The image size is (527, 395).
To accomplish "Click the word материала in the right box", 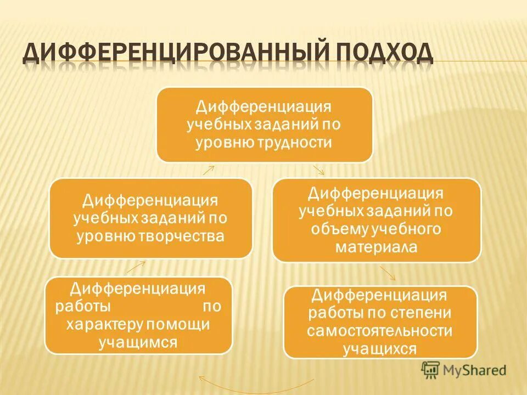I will click(377, 247).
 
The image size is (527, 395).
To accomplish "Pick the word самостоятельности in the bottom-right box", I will click(380, 331).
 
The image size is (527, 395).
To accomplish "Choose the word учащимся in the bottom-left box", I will click(138, 343).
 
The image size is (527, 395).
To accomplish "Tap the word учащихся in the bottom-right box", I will click(380, 349).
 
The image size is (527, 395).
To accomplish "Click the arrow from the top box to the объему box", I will click(319, 170).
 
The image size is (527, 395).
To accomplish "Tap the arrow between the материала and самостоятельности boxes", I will click(388, 273).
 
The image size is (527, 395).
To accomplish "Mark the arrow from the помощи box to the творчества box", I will click(137, 267).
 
